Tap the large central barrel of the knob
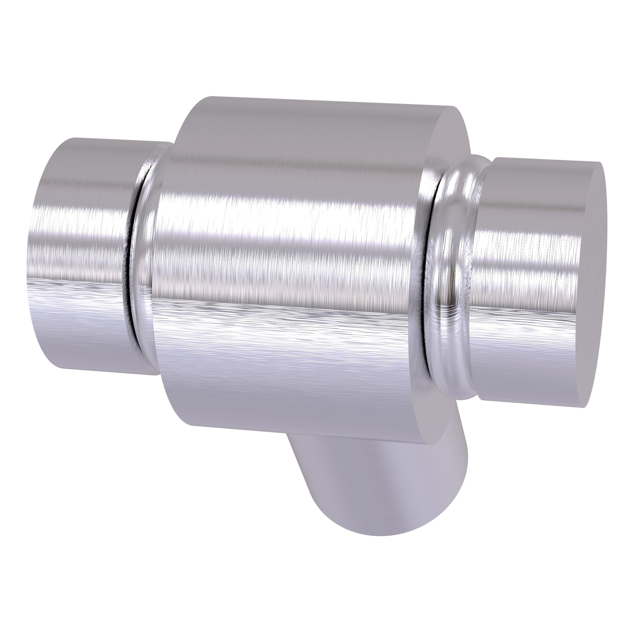[288, 262]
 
